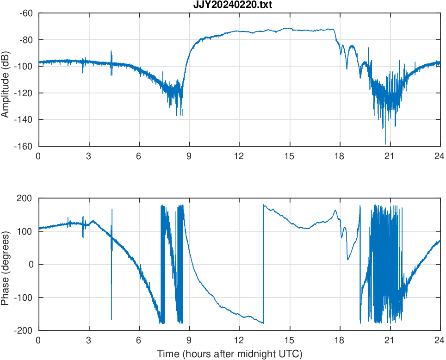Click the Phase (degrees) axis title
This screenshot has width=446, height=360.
6,264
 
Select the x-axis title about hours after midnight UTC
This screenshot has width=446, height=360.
229,354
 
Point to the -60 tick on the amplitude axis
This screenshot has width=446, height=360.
26,13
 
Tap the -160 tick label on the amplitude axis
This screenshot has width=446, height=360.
24,146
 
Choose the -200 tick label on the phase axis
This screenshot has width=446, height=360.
25,330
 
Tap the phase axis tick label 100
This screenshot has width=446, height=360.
26,231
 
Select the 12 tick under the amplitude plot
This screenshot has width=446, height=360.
239,156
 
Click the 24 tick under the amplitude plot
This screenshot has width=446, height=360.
440,156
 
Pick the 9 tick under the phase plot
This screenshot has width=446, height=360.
189,340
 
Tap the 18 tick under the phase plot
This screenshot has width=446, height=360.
339,340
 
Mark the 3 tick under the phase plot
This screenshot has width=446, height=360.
88,340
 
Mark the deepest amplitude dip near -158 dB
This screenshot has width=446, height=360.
385,143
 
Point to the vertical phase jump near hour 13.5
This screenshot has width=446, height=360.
263,264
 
